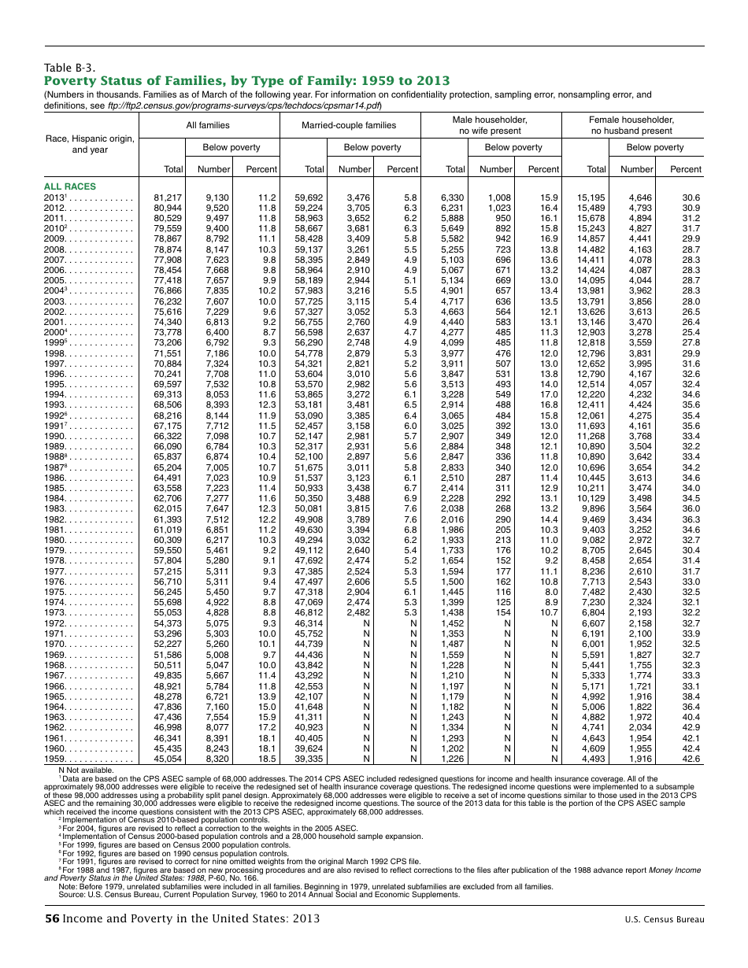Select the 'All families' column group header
208,125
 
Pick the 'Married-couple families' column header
349,125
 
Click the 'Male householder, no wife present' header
490,125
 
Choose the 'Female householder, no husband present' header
631,125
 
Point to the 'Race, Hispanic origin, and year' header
90,144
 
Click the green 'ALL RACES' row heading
70,187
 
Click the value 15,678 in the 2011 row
591,218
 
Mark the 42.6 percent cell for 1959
691,759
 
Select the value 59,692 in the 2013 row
309,198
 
